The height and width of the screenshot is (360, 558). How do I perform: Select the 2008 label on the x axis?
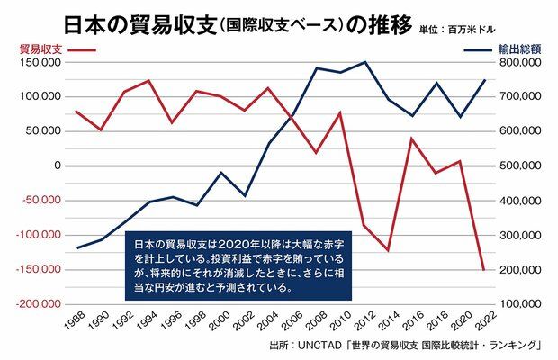pos(314,322)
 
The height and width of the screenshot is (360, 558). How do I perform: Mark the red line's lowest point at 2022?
pos(484,270)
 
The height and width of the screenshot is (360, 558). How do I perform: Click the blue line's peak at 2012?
pos(364,62)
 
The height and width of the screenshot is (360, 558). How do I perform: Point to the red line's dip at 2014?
pos(388,250)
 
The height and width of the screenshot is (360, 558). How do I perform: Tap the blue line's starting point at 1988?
pos(76,247)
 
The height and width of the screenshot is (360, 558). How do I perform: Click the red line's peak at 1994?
pos(148,81)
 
